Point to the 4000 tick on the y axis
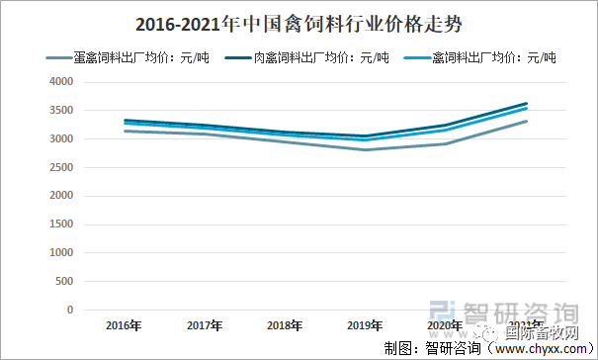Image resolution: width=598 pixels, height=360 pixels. point(61,82)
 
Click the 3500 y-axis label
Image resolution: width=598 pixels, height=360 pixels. point(61,111)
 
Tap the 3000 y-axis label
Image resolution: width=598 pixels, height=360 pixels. point(61,139)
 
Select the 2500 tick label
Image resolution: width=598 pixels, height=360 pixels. point(61,168)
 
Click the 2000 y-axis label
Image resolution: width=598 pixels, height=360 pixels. point(61,196)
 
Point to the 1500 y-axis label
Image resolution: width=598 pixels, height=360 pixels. point(61,225)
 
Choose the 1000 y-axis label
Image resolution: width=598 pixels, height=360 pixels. point(61,253)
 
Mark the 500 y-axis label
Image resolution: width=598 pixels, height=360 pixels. point(64,282)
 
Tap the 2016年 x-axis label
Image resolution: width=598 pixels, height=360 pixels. point(123,324)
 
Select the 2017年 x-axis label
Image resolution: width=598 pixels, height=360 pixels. point(204,324)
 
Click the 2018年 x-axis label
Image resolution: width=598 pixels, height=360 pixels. point(285,324)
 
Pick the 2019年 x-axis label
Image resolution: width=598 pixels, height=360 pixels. point(366,324)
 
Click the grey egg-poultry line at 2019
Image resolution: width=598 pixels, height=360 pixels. point(366,149)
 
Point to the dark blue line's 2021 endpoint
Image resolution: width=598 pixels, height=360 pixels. point(527,104)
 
